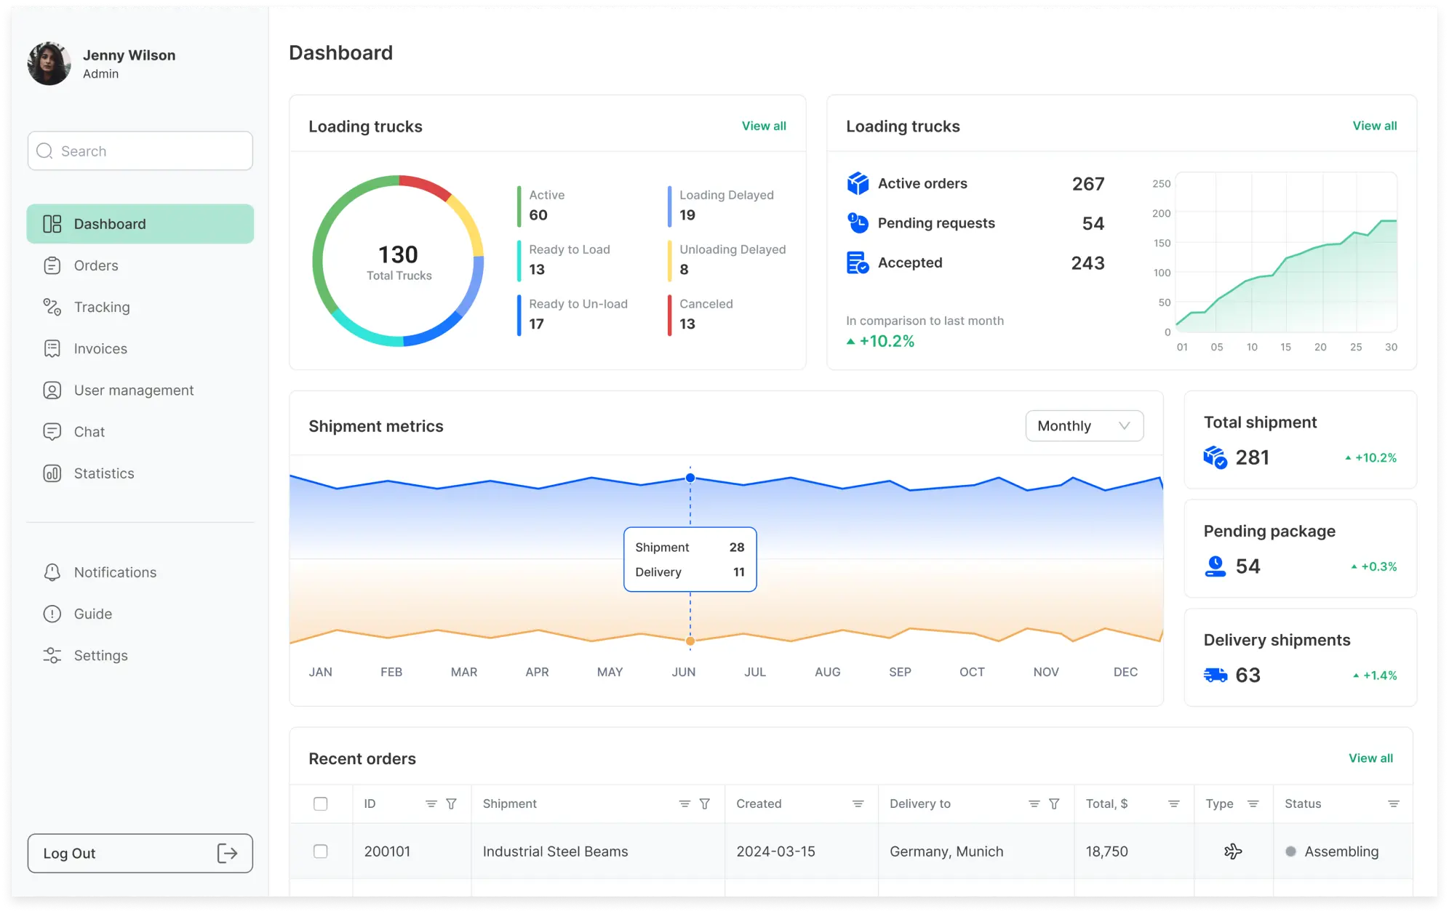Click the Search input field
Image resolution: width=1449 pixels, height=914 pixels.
coord(140,151)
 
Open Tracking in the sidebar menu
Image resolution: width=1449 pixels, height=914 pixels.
coord(101,307)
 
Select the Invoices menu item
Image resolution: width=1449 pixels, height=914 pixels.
coord(100,349)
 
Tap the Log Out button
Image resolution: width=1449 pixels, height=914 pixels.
coord(140,853)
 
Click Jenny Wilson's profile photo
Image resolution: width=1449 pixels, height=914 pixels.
coord(49,64)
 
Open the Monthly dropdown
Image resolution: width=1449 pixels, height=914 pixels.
coord(1084,426)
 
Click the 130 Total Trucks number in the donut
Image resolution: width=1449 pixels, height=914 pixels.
coord(398,255)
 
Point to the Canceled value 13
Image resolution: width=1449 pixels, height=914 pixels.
coord(687,324)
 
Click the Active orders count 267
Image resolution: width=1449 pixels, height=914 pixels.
coord(1087,184)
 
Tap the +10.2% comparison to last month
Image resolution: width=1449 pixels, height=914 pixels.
coord(885,341)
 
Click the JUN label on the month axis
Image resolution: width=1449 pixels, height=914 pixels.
coord(683,672)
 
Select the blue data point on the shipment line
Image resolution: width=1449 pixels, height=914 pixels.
coord(690,478)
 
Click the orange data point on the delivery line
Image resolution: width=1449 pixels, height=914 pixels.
coord(690,641)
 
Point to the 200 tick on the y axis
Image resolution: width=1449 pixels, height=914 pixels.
coord(1161,213)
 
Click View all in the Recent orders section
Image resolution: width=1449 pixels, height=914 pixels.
coord(1370,758)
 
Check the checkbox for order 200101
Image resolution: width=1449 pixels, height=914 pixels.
coord(320,851)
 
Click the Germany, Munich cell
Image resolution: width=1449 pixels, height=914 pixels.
coord(946,851)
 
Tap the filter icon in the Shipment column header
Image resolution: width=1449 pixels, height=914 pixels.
coord(704,803)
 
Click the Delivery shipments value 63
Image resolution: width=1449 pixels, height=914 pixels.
coord(1248,676)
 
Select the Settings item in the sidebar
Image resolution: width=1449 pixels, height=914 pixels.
coord(100,655)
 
